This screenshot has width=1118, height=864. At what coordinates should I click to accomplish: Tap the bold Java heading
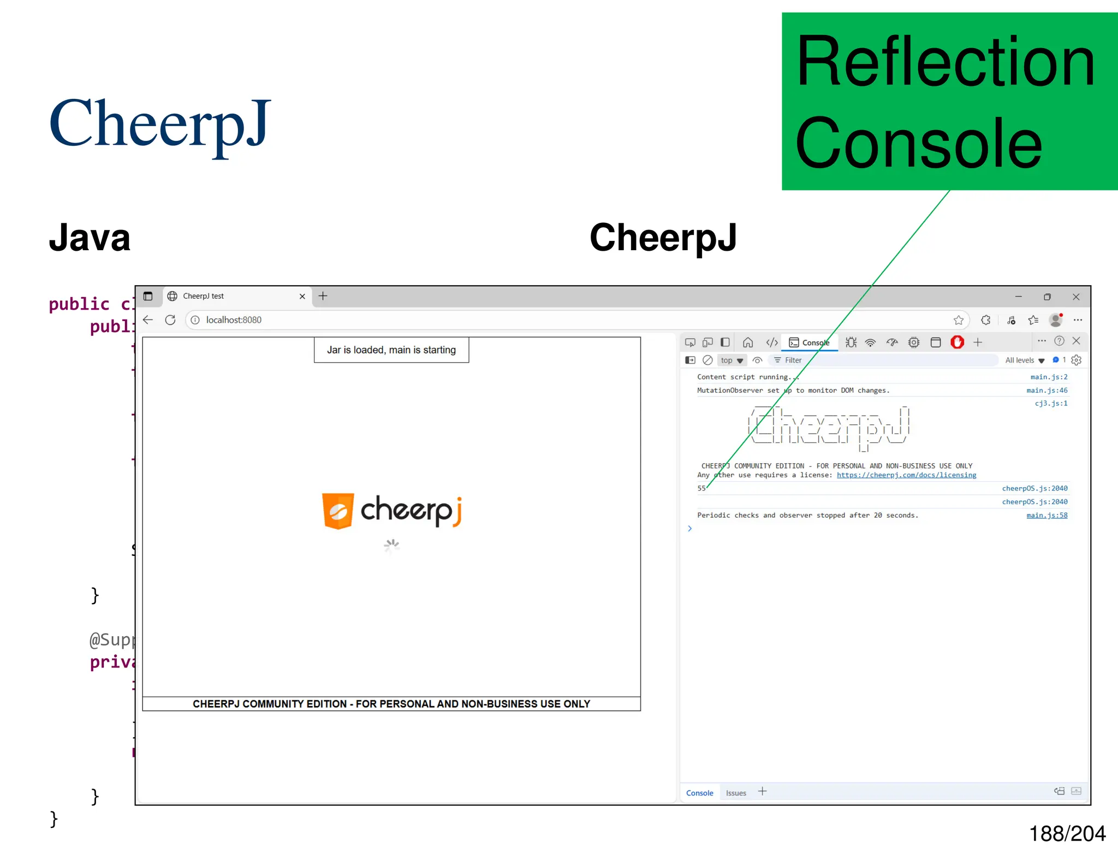[x=90, y=238]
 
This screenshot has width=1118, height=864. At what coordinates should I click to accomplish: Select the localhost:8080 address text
[x=234, y=320]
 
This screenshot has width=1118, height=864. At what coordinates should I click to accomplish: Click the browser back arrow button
[x=148, y=320]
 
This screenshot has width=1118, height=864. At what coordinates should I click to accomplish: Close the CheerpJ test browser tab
[x=302, y=297]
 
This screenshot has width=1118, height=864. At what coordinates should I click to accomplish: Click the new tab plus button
[x=323, y=296]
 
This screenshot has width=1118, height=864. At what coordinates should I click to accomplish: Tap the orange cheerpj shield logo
[x=338, y=511]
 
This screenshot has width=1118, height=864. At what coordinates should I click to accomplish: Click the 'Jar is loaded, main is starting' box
[x=391, y=350]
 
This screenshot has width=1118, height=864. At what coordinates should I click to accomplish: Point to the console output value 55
[x=701, y=488]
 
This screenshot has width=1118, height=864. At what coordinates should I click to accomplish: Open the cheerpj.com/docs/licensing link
[x=906, y=475]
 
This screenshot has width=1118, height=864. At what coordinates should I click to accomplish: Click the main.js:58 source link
[x=1046, y=515]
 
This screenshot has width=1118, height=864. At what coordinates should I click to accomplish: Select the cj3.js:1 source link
[x=1051, y=404]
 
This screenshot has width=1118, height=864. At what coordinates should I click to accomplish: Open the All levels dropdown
[x=1025, y=360]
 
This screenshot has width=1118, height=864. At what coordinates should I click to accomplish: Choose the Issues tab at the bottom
[x=736, y=793]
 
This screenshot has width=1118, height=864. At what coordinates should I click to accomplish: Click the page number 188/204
[x=1067, y=834]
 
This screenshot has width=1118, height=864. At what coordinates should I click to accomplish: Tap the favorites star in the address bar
[x=959, y=320]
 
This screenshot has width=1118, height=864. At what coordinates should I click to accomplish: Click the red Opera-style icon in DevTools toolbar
[x=957, y=342]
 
